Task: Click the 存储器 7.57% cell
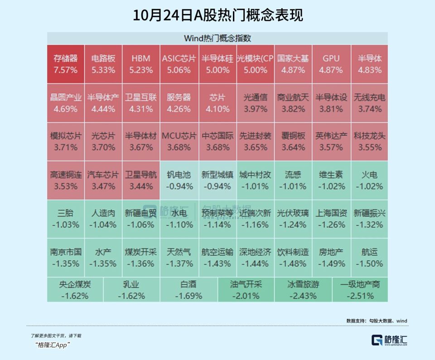(66, 64)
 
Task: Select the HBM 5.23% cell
(141, 64)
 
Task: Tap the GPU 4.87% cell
(331, 64)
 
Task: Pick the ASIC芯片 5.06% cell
(179, 64)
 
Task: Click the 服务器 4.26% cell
(179, 103)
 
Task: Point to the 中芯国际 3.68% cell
(217, 141)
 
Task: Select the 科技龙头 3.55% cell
(369, 141)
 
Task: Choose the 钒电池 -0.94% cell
(179, 180)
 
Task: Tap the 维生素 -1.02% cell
(331, 180)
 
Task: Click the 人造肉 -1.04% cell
(103, 219)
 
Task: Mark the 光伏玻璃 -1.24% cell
(293, 219)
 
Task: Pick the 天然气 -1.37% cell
(179, 258)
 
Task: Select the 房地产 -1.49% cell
(331, 258)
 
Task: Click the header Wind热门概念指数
(217, 38)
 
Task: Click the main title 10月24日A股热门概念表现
(217, 15)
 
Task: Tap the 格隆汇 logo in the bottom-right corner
(389, 340)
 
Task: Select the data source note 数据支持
(377, 321)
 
